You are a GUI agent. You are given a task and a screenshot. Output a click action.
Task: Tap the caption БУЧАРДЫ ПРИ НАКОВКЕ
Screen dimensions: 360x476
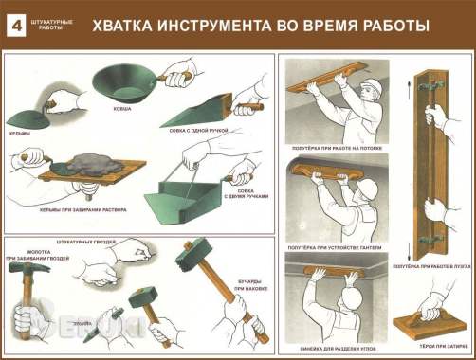246,280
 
